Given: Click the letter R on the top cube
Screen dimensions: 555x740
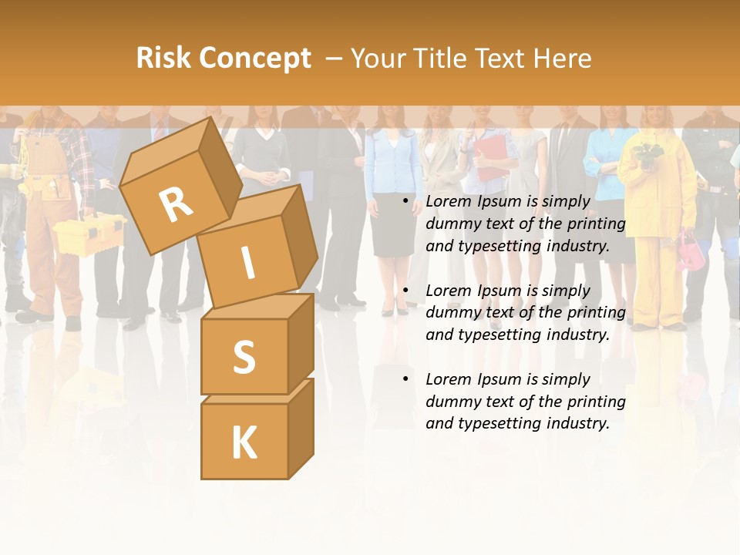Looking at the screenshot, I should tap(177, 204).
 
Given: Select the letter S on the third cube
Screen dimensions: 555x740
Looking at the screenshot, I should tap(244, 357).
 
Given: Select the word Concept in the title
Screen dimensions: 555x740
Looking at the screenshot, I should tap(254, 59).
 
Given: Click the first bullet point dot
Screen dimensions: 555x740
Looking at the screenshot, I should tap(405, 201).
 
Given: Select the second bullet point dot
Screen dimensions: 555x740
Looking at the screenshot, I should tap(405, 291).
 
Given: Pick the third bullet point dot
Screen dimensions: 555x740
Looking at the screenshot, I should tap(405, 379).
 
